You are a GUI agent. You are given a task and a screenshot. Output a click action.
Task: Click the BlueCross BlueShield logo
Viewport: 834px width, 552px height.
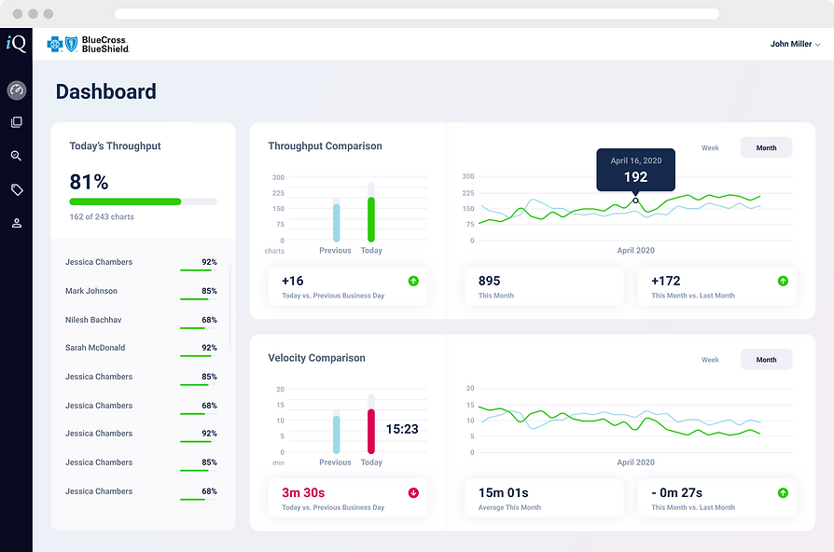point(87,44)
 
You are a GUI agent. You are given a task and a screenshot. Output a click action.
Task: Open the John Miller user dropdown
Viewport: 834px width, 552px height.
point(795,44)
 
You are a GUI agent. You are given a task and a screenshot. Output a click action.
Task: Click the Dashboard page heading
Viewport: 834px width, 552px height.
point(105,91)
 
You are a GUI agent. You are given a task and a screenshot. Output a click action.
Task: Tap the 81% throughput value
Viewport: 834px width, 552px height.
point(89,181)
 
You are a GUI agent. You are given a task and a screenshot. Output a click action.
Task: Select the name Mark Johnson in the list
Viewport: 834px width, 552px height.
point(91,291)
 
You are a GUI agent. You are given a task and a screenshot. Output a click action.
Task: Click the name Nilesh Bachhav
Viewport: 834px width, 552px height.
point(93,320)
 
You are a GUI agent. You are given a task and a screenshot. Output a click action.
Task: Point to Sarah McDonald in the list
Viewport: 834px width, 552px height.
point(95,348)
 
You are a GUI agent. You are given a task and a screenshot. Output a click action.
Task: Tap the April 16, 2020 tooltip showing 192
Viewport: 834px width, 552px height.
point(635,170)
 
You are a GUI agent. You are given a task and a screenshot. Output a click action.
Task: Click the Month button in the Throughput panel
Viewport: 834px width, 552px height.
point(766,147)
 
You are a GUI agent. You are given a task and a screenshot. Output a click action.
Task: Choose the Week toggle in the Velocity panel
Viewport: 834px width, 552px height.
point(710,359)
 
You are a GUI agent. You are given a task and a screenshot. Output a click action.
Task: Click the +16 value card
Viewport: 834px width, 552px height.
point(347,286)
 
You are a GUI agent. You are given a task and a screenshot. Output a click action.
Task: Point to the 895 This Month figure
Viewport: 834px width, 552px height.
point(489,281)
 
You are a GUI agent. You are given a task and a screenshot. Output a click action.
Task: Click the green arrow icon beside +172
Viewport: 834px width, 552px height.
point(783,281)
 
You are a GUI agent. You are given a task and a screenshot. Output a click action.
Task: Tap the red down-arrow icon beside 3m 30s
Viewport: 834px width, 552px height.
point(413,492)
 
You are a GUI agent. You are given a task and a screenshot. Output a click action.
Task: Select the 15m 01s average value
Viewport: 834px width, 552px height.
point(504,492)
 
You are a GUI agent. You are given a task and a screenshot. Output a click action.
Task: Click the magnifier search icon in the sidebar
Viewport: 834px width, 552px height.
point(16,156)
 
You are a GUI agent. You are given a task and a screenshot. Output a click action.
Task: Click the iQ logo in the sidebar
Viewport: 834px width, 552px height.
point(16,43)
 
